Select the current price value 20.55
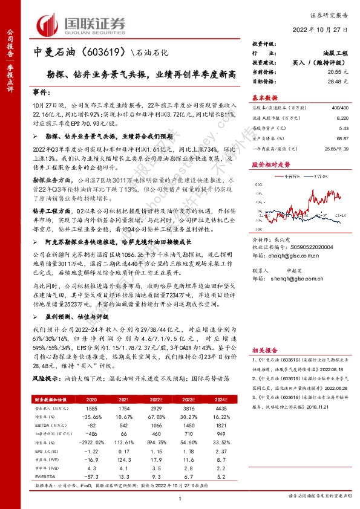click(327, 71)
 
